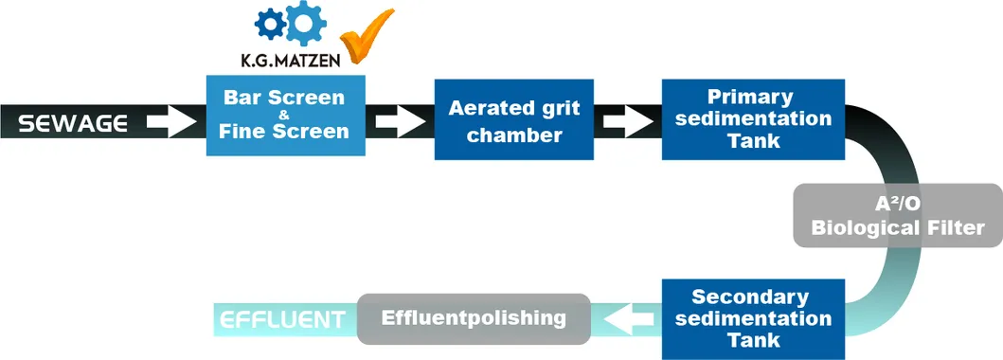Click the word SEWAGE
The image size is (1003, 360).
pos(73,123)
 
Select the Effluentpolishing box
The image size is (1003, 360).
pos(473,318)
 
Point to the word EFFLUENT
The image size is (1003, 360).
pos(282,319)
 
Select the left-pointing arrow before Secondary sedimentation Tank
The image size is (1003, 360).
pos(627,319)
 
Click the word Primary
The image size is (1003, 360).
pos(749,97)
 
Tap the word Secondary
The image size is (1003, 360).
pos(749,297)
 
